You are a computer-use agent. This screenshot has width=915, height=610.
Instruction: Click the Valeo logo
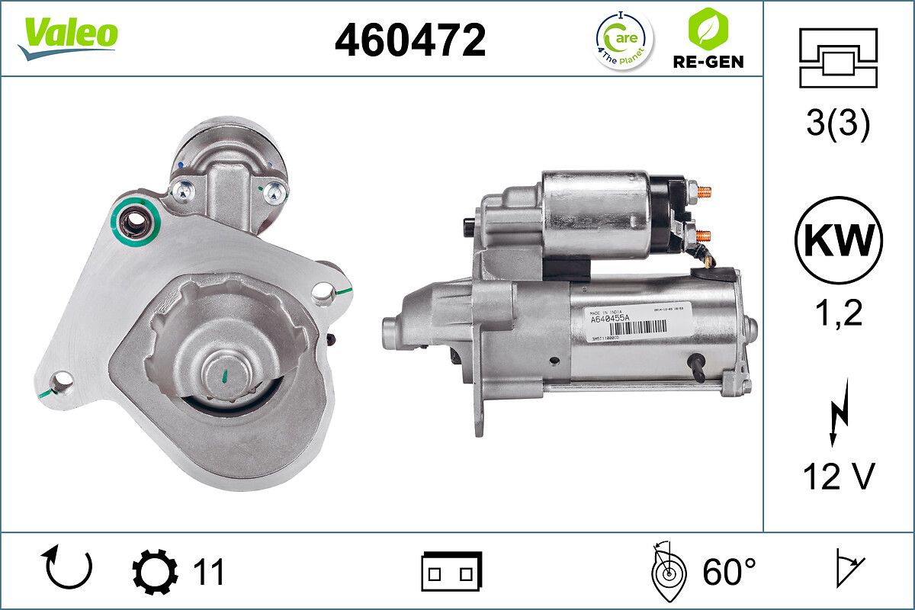point(69,37)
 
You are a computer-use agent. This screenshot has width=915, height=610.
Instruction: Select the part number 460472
point(410,40)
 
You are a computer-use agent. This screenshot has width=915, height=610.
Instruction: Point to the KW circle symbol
point(838,240)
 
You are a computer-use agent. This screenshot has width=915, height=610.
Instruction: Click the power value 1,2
point(838,313)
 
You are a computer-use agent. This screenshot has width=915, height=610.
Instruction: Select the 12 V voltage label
point(838,477)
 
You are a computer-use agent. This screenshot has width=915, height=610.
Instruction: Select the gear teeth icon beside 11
point(155,571)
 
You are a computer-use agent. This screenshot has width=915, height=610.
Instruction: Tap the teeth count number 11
point(207,571)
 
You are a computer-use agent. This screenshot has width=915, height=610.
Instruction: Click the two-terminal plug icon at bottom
point(451,571)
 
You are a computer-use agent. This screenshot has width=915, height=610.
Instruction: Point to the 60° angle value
point(729,571)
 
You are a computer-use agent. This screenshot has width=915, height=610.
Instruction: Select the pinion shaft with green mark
point(226,374)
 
